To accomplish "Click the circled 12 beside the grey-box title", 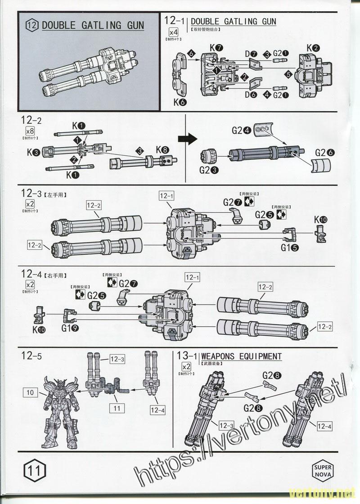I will point(32,25).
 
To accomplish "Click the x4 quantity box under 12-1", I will point(173,31).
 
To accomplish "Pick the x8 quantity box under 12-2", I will point(30,131).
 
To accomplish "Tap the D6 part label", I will point(251,94).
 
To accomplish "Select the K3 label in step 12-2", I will point(32,152).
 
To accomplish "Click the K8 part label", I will point(162,149).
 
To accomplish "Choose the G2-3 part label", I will point(209,170).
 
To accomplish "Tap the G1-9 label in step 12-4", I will point(71,328).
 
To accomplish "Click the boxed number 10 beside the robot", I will point(30,392).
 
